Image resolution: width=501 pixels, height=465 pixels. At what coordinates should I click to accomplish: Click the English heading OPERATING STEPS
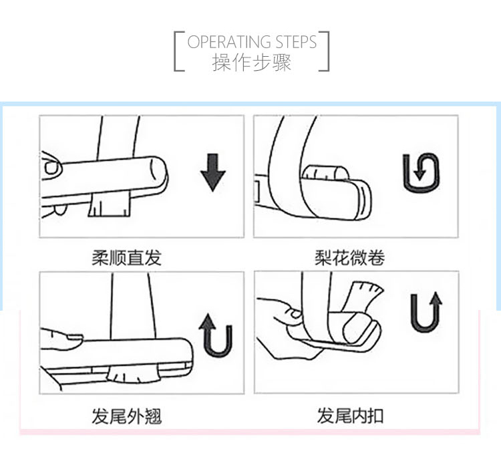[x=252, y=42]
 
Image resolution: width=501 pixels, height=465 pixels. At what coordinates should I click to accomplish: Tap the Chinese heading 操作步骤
[x=252, y=62]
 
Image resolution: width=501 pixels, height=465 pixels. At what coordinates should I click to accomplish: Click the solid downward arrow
[x=213, y=172]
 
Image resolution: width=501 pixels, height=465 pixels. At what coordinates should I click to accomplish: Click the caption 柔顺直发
[x=126, y=258]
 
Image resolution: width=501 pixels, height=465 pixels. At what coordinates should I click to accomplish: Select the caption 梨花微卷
[x=349, y=258]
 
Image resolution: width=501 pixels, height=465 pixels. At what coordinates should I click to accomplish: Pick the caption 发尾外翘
[x=126, y=416]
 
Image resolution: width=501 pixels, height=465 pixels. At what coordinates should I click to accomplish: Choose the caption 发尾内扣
[x=350, y=416]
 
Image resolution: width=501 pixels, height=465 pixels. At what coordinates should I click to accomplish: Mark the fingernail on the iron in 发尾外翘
[x=75, y=337]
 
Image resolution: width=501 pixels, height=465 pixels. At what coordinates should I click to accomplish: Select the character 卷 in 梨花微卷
[x=376, y=258]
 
